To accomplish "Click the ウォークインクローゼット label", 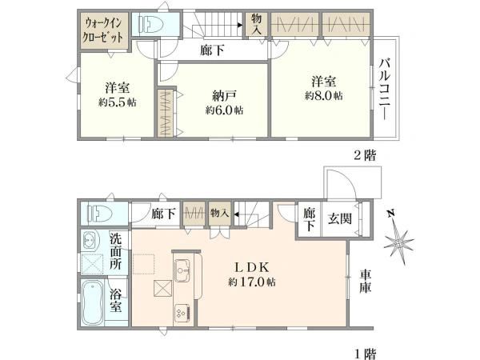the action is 103,30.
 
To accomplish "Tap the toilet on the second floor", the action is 150,24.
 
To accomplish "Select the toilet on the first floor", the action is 98,214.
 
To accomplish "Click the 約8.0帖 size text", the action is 323,96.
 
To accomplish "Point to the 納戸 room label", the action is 224,96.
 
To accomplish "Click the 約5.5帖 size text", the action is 118,102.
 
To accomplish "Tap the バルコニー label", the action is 385,89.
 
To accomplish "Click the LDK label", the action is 252,267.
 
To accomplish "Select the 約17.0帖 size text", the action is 252,282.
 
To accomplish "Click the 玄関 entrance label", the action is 340,218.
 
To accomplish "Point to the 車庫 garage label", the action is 366,281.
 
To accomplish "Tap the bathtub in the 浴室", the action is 93,302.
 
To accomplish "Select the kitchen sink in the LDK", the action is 182,270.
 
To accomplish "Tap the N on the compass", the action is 390,214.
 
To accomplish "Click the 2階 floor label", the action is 365,155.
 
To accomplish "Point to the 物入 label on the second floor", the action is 257,25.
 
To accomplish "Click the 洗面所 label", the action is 116,252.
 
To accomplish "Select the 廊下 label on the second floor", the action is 212,50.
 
